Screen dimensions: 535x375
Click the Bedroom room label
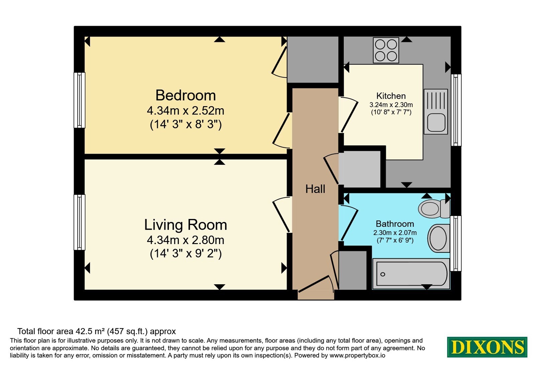tap(186, 95)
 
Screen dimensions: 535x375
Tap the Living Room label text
tap(186, 225)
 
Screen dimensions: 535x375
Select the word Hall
tap(315, 189)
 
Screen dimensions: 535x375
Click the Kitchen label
tap(391, 96)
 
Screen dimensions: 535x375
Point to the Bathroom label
tap(395, 224)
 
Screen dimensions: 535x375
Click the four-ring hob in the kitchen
tap(386, 50)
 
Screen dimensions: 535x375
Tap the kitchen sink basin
tap(436, 123)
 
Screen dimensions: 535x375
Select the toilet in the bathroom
tap(434, 209)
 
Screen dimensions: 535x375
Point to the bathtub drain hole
tap(383, 274)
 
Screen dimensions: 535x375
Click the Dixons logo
tap(487, 347)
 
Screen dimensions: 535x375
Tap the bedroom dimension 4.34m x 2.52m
tap(186, 111)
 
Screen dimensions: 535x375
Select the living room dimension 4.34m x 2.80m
tap(186, 240)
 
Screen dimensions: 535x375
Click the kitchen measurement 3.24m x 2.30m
tap(391, 105)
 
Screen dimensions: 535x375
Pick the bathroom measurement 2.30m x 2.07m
tap(395, 233)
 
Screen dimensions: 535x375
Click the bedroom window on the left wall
tap(80, 100)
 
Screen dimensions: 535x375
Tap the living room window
tap(80, 222)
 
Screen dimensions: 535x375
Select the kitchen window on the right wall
tap(456, 110)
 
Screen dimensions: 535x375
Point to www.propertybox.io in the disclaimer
tap(357, 356)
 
